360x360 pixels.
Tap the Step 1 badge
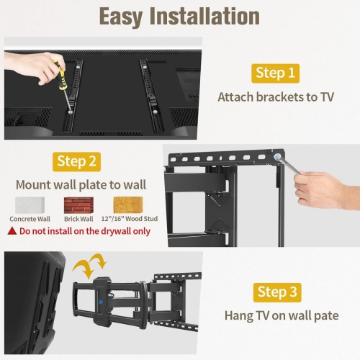[275, 73]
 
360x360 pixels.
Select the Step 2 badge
[76, 161]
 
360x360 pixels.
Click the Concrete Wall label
[29, 219]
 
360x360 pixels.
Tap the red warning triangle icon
[12, 230]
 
